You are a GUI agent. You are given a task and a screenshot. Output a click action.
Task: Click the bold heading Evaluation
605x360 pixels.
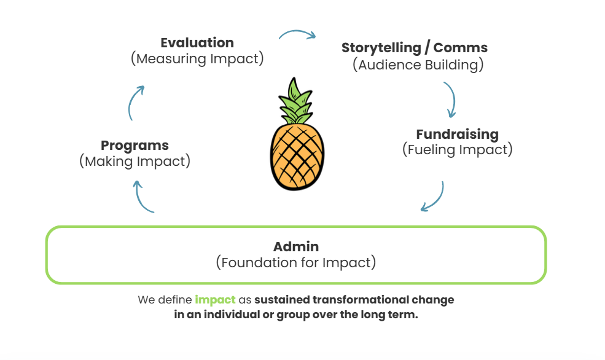pos(197,43)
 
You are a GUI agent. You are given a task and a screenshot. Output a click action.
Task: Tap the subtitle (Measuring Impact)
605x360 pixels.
pos(197,59)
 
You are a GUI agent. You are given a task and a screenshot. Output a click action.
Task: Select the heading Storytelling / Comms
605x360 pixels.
pos(415,48)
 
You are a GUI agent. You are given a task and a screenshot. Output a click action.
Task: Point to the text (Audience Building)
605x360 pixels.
pos(418,65)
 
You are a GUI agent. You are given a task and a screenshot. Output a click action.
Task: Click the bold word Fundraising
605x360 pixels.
pos(457,134)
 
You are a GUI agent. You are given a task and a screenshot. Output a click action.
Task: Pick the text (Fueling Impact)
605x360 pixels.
pos(457,149)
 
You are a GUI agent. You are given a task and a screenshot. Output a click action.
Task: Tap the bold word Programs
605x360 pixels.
pos(135,146)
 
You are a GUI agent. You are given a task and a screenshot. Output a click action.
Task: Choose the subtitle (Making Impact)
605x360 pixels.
pos(135,162)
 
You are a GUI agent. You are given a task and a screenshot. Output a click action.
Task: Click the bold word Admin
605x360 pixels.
pos(296,247)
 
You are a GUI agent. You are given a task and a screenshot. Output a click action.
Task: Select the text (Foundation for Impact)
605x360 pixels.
pos(296,263)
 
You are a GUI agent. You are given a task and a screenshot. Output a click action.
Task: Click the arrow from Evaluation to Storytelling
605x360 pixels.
pos(297,33)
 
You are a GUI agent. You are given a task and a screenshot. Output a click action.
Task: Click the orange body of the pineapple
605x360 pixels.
pos(297,154)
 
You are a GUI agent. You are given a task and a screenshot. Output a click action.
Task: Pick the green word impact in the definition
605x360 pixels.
pos(215,300)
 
